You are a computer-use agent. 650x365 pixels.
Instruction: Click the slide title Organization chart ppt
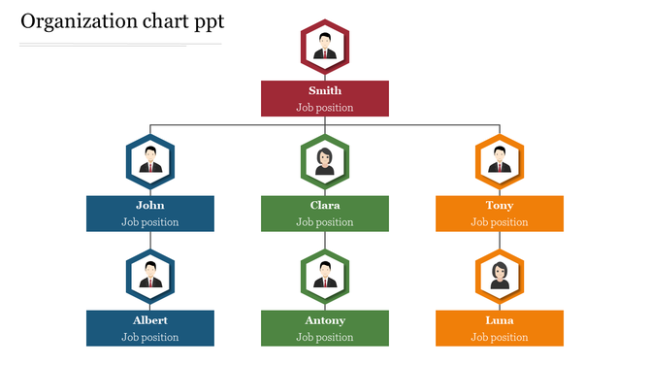point(121,20)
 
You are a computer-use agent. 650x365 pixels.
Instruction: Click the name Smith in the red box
point(325,91)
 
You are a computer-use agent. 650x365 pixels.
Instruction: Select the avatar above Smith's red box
point(325,47)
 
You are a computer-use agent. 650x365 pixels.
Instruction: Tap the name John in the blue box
point(150,206)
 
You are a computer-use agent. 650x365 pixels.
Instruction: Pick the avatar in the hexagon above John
point(150,160)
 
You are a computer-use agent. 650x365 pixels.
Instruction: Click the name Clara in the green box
point(325,206)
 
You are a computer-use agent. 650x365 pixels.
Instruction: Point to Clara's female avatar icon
point(325,160)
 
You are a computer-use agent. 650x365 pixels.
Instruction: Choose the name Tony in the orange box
point(500,206)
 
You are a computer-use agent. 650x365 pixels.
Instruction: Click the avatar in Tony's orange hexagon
point(500,160)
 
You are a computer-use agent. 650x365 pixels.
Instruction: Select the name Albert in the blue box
point(150,320)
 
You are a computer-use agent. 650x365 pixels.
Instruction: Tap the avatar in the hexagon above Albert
point(150,275)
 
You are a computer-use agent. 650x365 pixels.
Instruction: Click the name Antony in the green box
point(325,320)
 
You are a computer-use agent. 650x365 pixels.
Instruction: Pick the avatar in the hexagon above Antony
point(325,275)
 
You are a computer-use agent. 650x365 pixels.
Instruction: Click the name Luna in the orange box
point(500,320)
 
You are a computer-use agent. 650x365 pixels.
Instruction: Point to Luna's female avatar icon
point(500,275)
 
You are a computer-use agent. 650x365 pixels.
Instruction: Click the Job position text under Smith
point(325,108)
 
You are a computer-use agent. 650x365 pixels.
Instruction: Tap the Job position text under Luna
point(500,337)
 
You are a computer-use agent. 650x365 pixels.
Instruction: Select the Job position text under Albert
point(150,337)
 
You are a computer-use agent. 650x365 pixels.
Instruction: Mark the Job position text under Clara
point(325,222)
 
